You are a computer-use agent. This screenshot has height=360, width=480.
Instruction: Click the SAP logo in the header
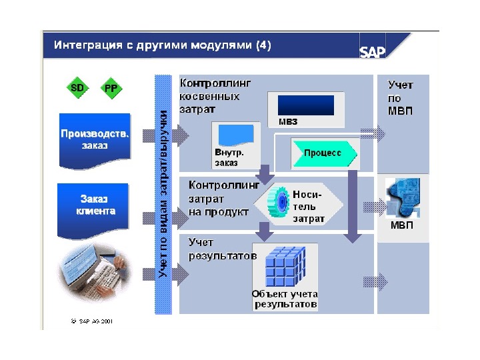[x=373, y=52]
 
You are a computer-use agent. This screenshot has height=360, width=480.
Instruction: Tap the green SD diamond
[x=78, y=87]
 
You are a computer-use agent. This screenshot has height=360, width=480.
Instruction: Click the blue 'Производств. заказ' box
[x=95, y=141]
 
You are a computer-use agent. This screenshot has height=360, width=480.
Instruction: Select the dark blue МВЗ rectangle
[x=305, y=105]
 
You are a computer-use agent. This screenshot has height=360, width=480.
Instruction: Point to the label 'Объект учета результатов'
[x=285, y=299]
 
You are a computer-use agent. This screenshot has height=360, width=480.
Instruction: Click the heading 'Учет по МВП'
[x=400, y=97]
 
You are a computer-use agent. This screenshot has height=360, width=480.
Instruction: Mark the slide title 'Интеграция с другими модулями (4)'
[x=163, y=46]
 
